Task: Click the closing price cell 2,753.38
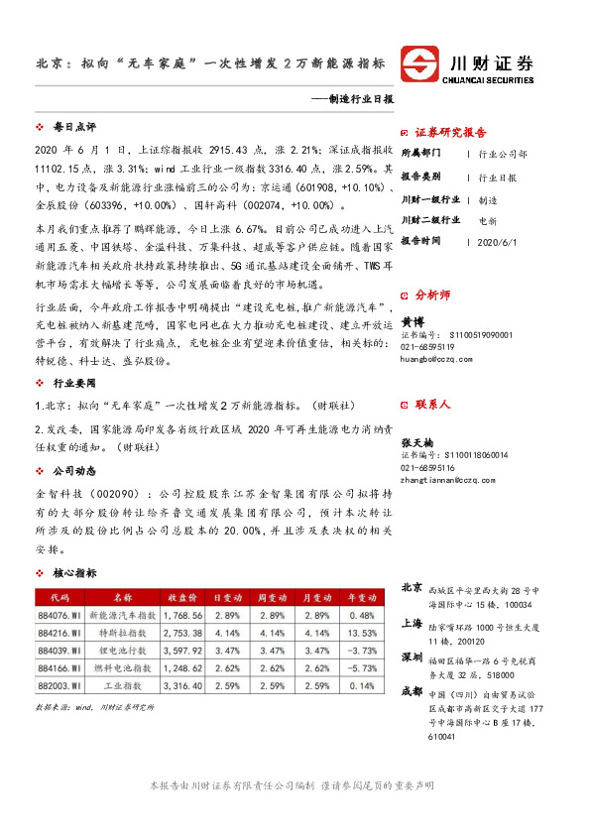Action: click(x=183, y=633)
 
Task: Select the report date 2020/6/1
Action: click(x=498, y=241)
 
